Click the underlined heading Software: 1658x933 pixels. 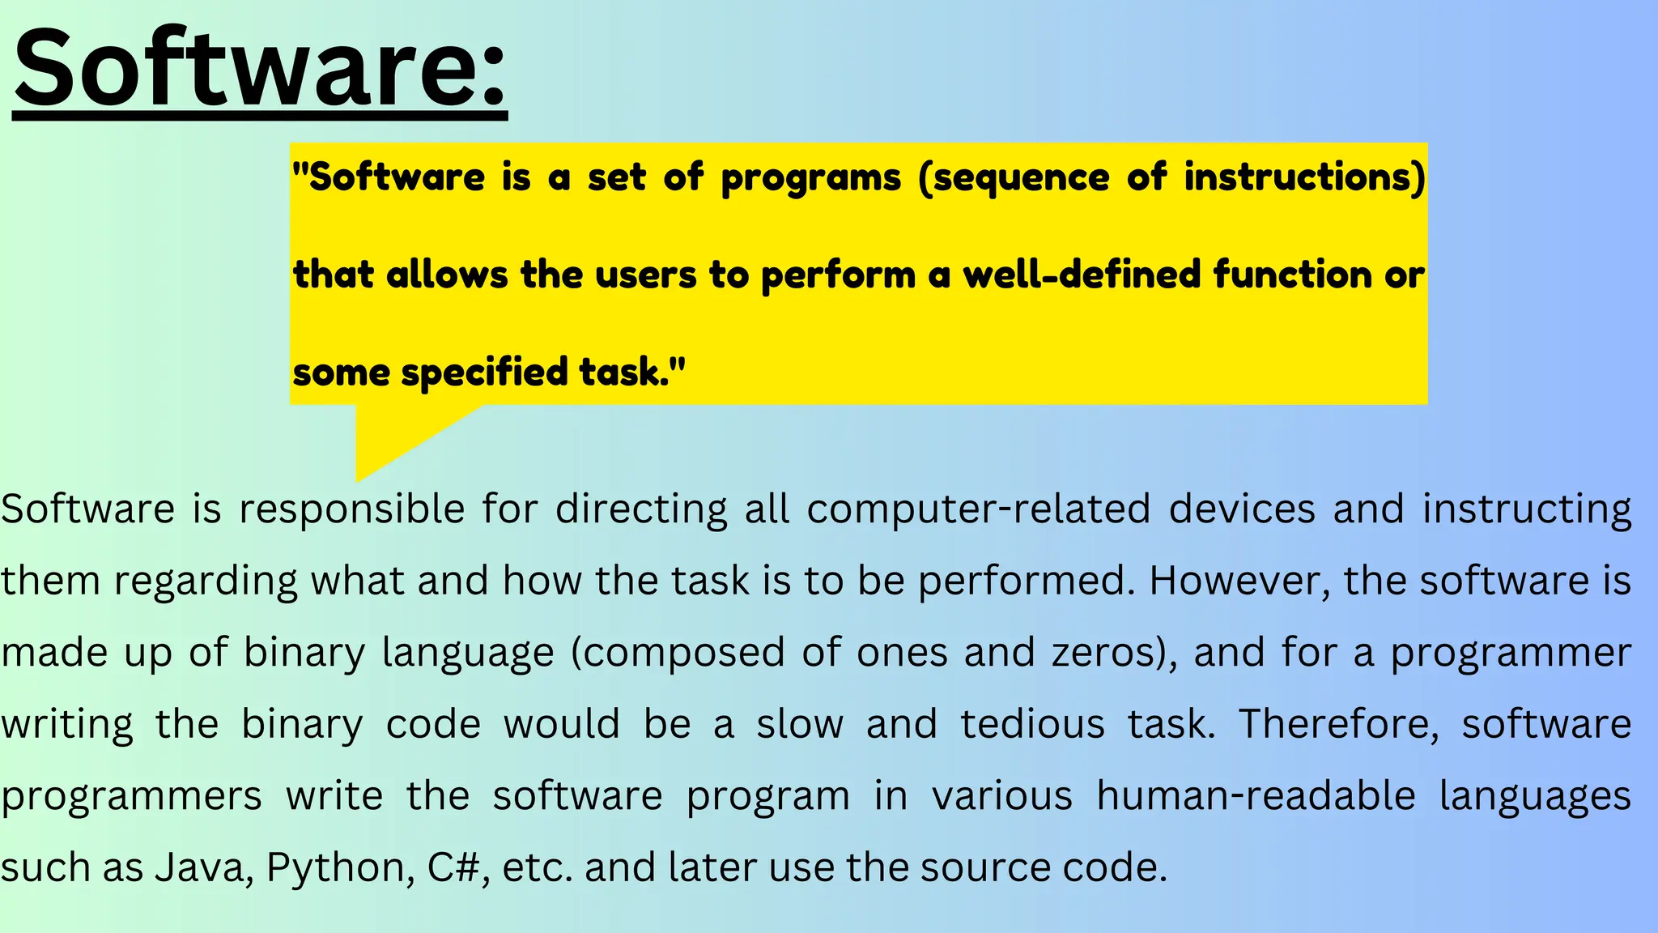pyautogui.click(x=260, y=69)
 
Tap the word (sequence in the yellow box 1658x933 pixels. pyautogui.click(x=1014, y=177)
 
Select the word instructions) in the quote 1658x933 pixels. pyautogui.click(x=1304, y=177)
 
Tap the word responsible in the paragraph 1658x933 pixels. pyautogui.click(x=351, y=509)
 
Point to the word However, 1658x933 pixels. pyautogui.click(x=1239, y=581)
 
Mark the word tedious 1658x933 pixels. pyautogui.click(x=1032, y=724)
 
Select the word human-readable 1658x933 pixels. pyautogui.click(x=1256, y=795)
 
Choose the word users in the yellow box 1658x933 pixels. pyautogui.click(x=645, y=275)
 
